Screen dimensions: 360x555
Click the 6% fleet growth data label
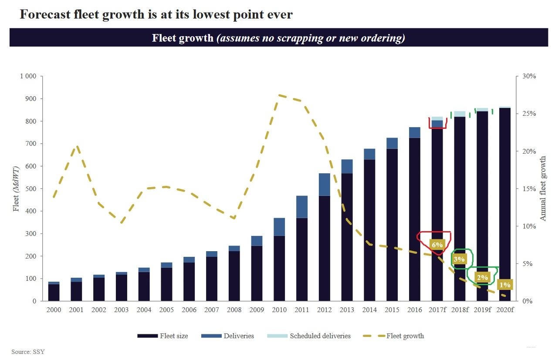click(x=437, y=245)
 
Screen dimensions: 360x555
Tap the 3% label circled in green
click(x=459, y=259)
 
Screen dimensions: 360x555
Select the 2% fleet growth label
click(x=482, y=277)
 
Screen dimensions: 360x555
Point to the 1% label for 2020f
click(x=505, y=285)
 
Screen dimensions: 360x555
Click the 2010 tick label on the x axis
click(x=279, y=310)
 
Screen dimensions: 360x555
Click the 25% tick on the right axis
click(x=529, y=114)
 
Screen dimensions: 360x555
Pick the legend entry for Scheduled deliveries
click(x=308, y=336)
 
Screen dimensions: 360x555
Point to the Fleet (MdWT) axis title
click(x=16, y=188)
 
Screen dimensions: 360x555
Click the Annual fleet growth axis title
click(x=543, y=188)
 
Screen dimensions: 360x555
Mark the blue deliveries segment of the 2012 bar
click(x=325, y=185)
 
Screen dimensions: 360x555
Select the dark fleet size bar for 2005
click(x=166, y=284)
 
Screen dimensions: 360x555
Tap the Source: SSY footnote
click(x=28, y=352)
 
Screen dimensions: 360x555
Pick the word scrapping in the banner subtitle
click(x=301, y=38)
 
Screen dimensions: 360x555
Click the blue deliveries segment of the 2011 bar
click(x=302, y=207)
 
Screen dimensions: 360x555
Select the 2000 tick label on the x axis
click(x=54, y=310)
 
